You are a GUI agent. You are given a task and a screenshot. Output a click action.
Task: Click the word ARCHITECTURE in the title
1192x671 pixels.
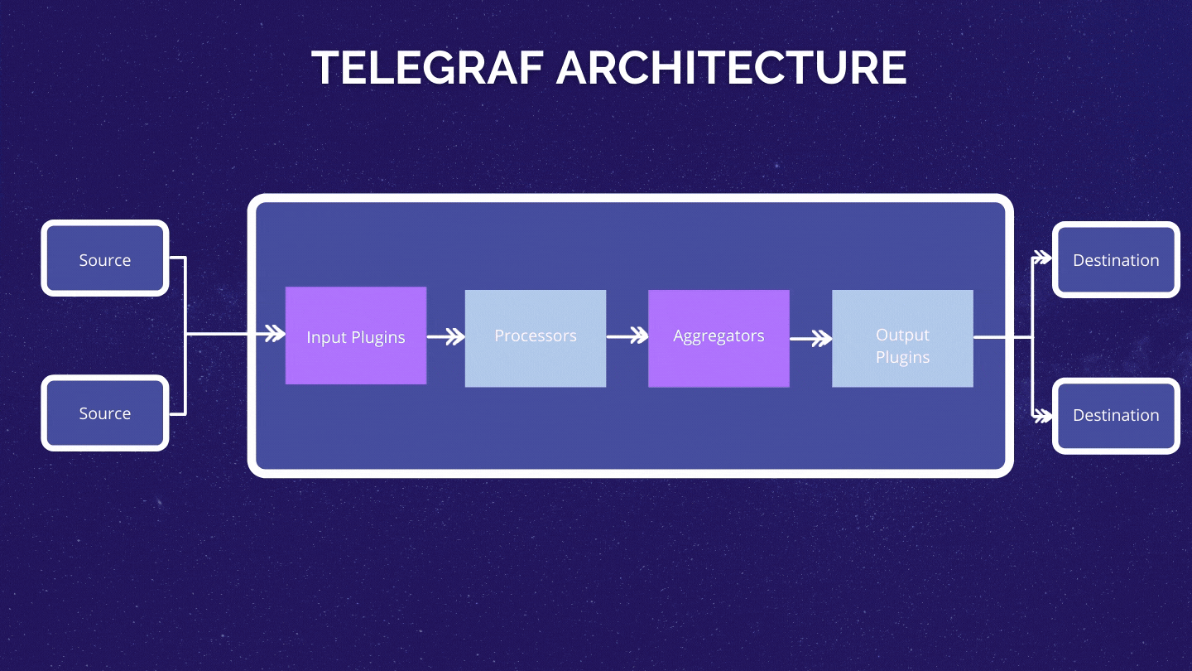pyautogui.click(x=732, y=68)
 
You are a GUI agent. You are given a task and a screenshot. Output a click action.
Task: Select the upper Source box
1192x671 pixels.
pyautogui.click(x=105, y=258)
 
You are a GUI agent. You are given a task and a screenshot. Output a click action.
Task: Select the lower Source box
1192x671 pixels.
pyautogui.click(x=105, y=413)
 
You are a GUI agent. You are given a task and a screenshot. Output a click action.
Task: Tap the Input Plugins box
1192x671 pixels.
pyautogui.click(x=356, y=335)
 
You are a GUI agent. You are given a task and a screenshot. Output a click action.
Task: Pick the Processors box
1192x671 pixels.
pyautogui.click(x=536, y=338)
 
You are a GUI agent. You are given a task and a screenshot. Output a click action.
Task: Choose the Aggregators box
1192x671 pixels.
pyautogui.click(x=719, y=338)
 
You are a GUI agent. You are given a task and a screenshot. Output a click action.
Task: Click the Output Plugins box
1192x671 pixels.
pyautogui.click(x=902, y=338)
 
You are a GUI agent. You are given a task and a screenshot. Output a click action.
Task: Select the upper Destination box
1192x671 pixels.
pyautogui.click(x=1116, y=259)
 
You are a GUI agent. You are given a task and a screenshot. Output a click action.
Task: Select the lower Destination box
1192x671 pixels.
pyautogui.click(x=1116, y=415)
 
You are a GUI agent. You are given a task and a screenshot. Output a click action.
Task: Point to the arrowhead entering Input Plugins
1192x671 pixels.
pyautogui.click(x=274, y=335)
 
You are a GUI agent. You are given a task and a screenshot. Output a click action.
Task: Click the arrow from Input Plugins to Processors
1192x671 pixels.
pyautogui.click(x=446, y=337)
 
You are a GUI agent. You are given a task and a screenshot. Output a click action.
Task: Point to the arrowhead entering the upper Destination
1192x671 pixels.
pyautogui.click(x=1042, y=258)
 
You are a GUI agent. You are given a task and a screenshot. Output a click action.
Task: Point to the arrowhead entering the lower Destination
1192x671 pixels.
pyautogui.click(x=1042, y=415)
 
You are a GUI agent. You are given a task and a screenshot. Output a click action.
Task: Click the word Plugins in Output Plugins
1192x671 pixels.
pyautogui.click(x=902, y=357)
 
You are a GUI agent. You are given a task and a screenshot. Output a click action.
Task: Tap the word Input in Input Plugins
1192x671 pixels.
pyautogui.click(x=325, y=337)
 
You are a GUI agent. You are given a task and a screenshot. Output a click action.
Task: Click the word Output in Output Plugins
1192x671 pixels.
pyautogui.click(x=902, y=335)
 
